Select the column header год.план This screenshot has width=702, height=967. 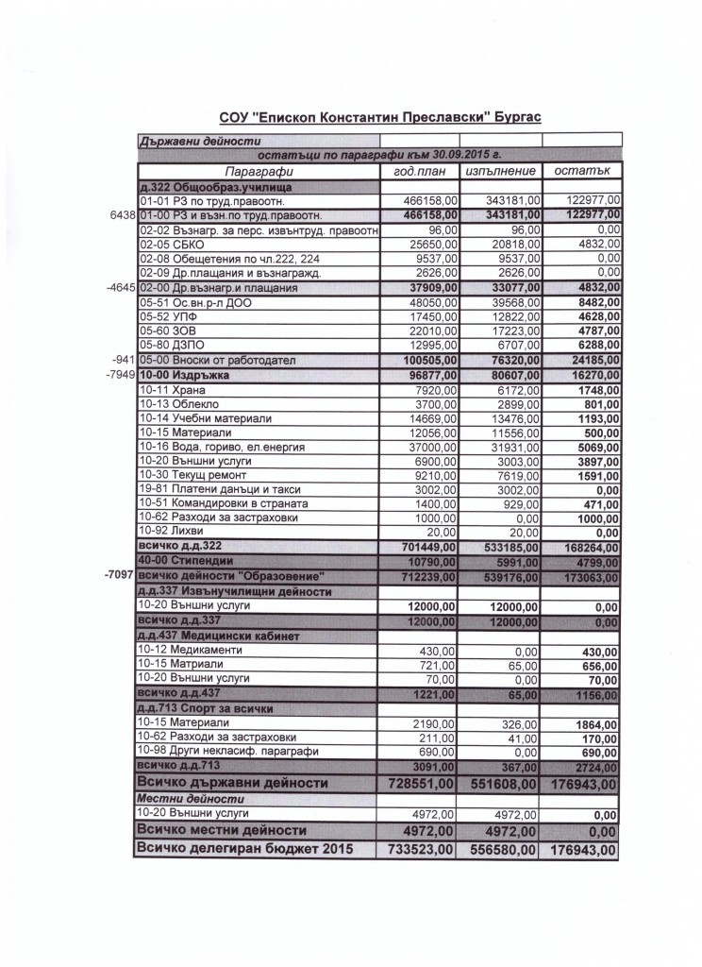[419, 171]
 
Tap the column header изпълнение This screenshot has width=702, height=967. [501, 171]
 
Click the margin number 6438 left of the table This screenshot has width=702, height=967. [123, 215]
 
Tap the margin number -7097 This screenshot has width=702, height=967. [119, 574]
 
